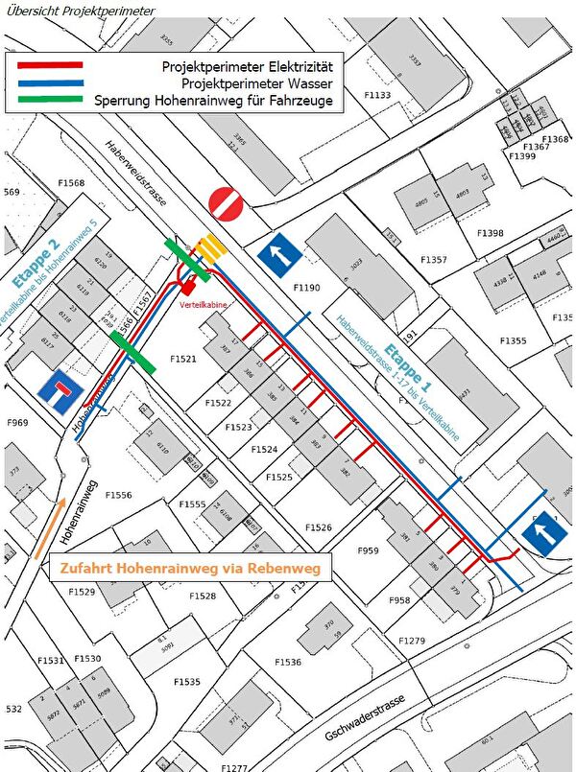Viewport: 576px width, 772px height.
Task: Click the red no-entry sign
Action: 228,202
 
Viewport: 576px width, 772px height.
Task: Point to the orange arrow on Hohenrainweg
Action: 50,526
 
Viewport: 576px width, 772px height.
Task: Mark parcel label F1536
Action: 287,662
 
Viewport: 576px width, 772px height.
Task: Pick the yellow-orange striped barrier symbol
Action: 211,247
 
